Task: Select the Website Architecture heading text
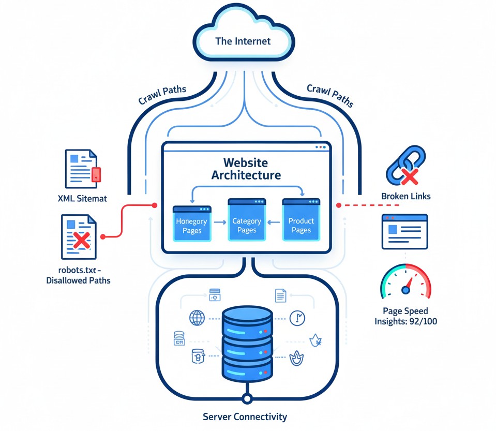click(246, 168)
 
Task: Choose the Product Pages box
click(301, 221)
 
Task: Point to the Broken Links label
click(405, 197)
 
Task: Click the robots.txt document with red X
click(79, 237)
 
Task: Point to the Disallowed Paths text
click(78, 280)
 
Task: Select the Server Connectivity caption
click(245, 417)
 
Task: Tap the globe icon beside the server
click(197, 318)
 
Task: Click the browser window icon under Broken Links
click(405, 232)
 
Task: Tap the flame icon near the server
click(296, 359)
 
